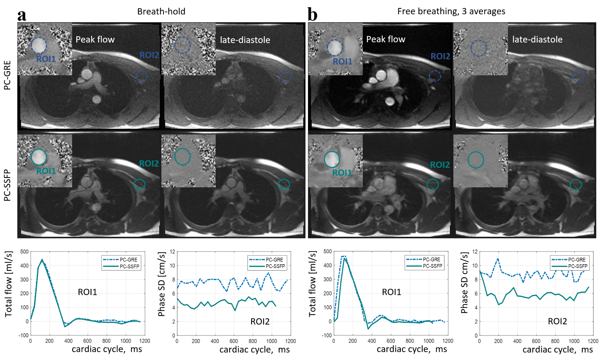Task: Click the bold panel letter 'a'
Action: pos(22,15)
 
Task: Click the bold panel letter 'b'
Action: pos(312,14)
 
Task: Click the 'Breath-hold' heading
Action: pos(161,11)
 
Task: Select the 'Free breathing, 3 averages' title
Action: pos(451,11)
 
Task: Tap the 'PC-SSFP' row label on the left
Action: pos(7,185)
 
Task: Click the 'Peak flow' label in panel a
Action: pos(95,39)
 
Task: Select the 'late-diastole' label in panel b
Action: pos(537,39)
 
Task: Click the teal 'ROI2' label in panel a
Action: pos(149,163)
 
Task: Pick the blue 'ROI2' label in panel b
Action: pos(440,56)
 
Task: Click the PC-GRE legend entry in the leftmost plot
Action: pos(121,260)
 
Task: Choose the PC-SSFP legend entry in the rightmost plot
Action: pos(569,266)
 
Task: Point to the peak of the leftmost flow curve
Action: pos(42,260)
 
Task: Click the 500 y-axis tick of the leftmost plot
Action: pos(24,252)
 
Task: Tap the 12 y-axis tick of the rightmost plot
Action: pos(475,252)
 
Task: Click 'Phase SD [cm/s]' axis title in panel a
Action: pos(162,284)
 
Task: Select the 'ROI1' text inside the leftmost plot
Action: pos(87,292)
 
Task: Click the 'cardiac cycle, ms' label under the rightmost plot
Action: pos(558,350)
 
